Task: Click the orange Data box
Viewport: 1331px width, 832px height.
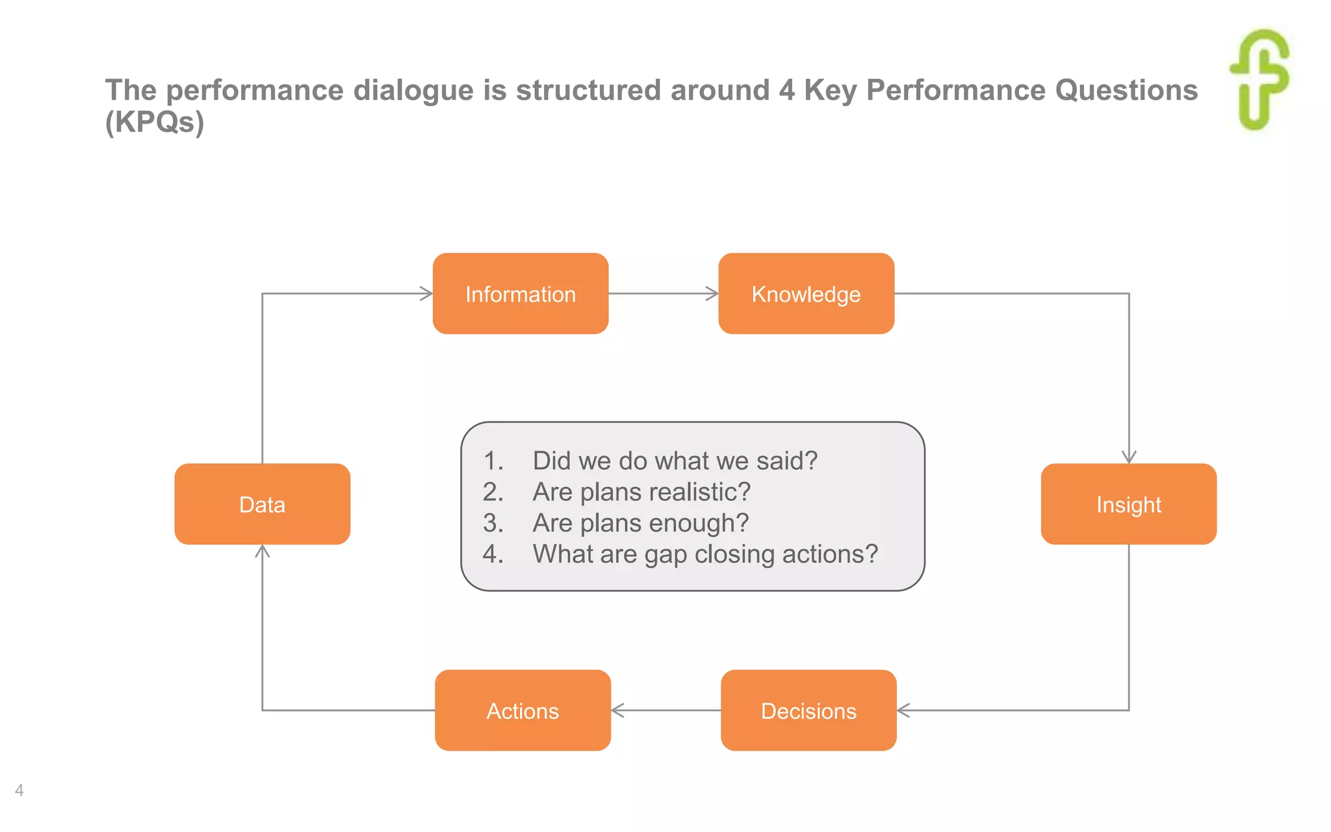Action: point(262,504)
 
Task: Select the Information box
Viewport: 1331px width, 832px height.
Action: point(521,294)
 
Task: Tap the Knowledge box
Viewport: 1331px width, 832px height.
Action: point(806,294)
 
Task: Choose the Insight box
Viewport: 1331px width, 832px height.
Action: point(1128,504)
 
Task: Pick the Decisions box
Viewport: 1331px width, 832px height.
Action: point(808,710)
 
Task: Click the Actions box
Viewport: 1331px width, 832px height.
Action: point(523,710)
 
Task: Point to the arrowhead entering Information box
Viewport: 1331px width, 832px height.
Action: point(427,294)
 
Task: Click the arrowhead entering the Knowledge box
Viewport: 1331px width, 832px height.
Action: point(713,294)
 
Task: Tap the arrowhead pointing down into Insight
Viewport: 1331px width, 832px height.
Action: point(1129,457)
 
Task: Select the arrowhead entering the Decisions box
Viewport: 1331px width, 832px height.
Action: point(903,710)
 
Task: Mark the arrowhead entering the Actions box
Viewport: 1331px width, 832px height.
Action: point(617,710)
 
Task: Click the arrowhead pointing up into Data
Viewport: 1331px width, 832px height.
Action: point(262,551)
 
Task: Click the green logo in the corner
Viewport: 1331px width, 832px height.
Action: point(1260,79)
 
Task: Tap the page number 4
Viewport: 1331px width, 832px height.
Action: point(19,790)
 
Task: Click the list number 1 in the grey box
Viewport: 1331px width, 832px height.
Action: point(492,461)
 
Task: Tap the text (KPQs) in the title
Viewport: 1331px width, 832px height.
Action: point(155,122)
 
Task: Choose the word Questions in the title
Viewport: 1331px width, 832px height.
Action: point(1126,90)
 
